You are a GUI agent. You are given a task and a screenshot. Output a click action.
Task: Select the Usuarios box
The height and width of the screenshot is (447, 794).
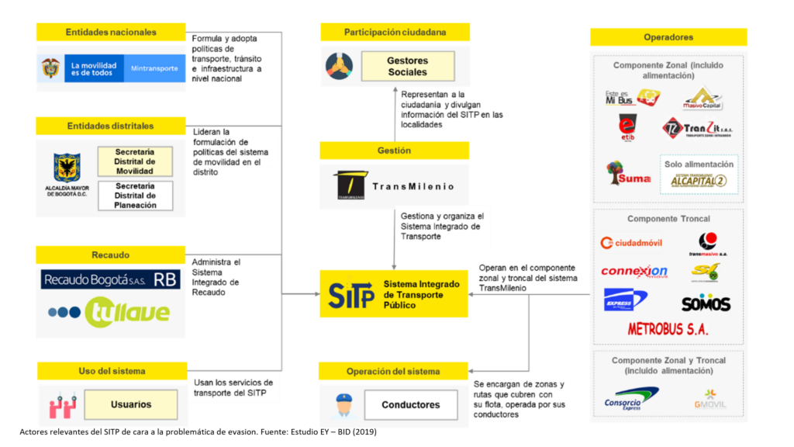[x=131, y=404]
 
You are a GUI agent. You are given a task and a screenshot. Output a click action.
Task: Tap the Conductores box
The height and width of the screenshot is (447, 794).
[x=410, y=404]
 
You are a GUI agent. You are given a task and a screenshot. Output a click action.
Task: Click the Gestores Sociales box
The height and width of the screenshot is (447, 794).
[x=407, y=66]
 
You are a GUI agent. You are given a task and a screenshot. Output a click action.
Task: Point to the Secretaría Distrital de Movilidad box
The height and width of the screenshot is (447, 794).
[x=134, y=161]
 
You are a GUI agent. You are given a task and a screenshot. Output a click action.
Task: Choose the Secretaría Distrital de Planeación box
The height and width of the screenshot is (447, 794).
[x=134, y=196]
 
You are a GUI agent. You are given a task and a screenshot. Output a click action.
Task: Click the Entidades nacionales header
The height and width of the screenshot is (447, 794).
[x=111, y=33]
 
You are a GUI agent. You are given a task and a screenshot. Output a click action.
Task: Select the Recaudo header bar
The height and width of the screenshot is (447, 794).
[x=111, y=255]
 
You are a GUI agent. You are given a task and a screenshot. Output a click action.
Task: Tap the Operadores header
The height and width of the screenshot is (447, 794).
[x=668, y=37]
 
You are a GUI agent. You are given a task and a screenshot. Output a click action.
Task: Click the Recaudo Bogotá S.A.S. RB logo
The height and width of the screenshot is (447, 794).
[x=110, y=279]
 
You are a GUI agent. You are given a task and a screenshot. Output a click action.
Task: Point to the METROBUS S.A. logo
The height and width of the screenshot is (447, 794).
[x=668, y=329]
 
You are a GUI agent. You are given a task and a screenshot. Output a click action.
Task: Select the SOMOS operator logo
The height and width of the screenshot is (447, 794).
[x=706, y=303]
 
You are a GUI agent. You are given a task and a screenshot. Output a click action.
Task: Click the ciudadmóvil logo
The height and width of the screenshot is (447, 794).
[x=632, y=243]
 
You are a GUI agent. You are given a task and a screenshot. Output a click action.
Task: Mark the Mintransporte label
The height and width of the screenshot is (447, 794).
[x=154, y=68]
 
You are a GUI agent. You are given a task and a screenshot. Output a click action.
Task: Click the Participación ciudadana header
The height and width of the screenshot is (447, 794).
[x=395, y=33]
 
